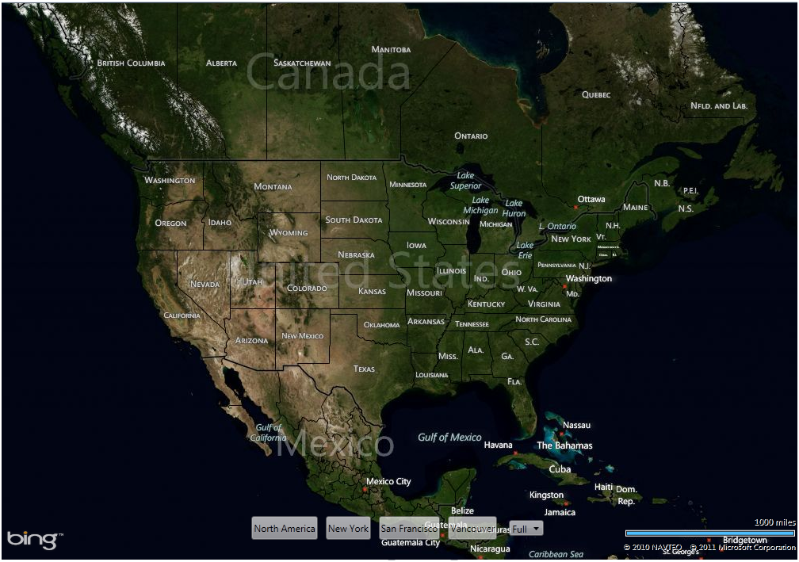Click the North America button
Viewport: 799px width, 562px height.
point(285,529)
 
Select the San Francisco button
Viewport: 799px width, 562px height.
point(408,529)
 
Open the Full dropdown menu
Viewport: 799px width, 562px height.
point(527,529)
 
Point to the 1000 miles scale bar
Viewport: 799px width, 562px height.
point(709,533)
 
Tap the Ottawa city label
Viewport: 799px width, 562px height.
point(591,199)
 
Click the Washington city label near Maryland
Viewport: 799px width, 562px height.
point(589,278)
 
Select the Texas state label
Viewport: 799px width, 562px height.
point(364,369)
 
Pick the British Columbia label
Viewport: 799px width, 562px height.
point(132,63)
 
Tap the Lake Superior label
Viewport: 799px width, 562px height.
point(465,181)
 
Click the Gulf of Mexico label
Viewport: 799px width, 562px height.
point(449,437)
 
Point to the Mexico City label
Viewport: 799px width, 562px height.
point(388,481)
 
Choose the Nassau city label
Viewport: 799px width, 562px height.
point(576,425)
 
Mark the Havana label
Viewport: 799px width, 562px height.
point(499,445)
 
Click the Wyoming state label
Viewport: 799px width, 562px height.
point(289,233)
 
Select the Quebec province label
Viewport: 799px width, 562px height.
point(596,94)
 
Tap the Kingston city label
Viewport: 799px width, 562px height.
point(546,495)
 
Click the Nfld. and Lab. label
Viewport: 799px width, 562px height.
point(718,105)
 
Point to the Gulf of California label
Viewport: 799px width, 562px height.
point(269,433)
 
